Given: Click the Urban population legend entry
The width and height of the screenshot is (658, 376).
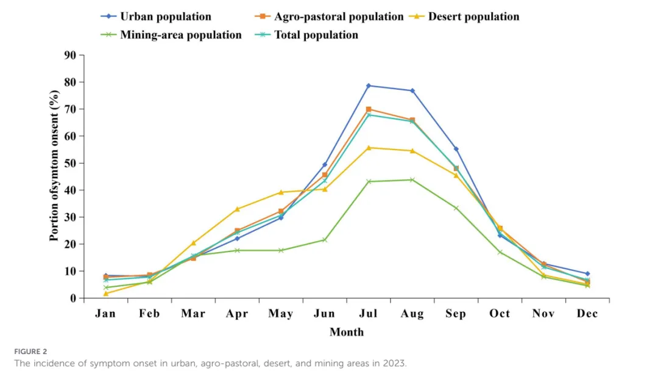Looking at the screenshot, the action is click(x=156, y=16).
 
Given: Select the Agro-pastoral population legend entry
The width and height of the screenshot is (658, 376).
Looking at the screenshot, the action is click(x=329, y=16).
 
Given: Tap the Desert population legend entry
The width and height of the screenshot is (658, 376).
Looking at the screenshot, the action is click(x=464, y=16).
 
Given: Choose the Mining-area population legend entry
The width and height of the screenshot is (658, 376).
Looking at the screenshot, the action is click(x=171, y=35).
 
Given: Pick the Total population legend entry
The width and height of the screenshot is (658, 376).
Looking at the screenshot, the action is click(x=306, y=35).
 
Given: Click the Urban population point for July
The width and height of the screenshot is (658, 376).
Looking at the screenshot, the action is click(x=369, y=86).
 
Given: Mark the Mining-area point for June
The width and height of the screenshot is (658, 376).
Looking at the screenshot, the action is click(x=325, y=240).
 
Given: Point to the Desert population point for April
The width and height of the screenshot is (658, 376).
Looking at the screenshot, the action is click(x=237, y=209).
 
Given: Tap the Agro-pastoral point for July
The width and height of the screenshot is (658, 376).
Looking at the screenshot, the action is click(x=369, y=109).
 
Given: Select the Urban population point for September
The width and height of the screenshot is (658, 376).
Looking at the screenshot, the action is click(x=456, y=150).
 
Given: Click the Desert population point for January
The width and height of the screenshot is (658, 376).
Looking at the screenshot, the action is click(x=106, y=294).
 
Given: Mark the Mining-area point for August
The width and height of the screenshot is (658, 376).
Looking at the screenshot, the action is click(x=412, y=180).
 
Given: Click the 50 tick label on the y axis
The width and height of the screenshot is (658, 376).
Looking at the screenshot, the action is click(x=70, y=163).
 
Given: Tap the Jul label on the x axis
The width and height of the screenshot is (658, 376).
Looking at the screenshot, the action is click(x=369, y=313).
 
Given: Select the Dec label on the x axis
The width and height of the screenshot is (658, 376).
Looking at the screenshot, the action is click(x=587, y=313).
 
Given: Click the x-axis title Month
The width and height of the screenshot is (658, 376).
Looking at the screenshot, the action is click(x=347, y=332).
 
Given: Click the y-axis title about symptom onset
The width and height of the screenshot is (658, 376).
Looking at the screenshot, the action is click(x=54, y=165).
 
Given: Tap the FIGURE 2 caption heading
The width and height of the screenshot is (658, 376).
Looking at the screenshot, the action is click(x=30, y=352).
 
